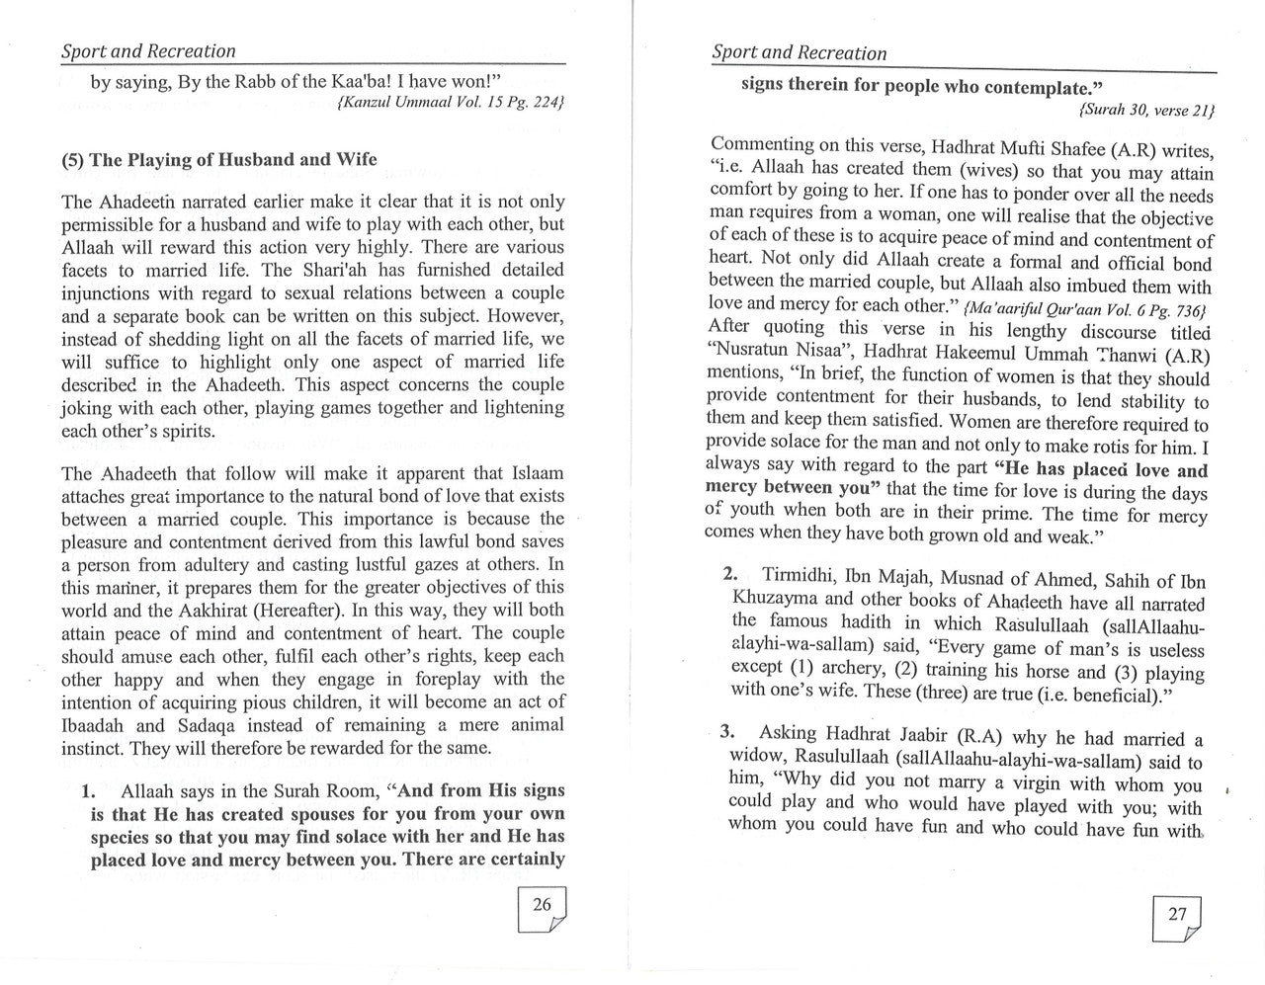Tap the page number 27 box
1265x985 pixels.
tap(1177, 918)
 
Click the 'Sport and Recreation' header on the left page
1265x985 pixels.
tap(148, 51)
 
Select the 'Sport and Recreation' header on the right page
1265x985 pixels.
tap(799, 53)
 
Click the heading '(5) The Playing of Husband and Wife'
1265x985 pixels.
tap(219, 160)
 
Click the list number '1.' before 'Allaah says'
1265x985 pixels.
tap(87, 791)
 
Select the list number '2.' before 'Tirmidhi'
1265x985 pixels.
tap(730, 574)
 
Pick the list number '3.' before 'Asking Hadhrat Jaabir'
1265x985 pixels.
tap(728, 732)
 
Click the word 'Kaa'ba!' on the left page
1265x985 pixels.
tap(362, 82)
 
